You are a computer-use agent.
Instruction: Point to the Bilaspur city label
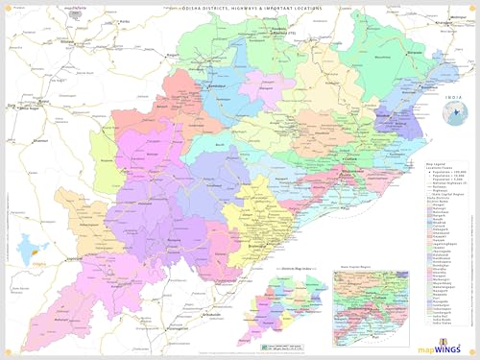[67, 43]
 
